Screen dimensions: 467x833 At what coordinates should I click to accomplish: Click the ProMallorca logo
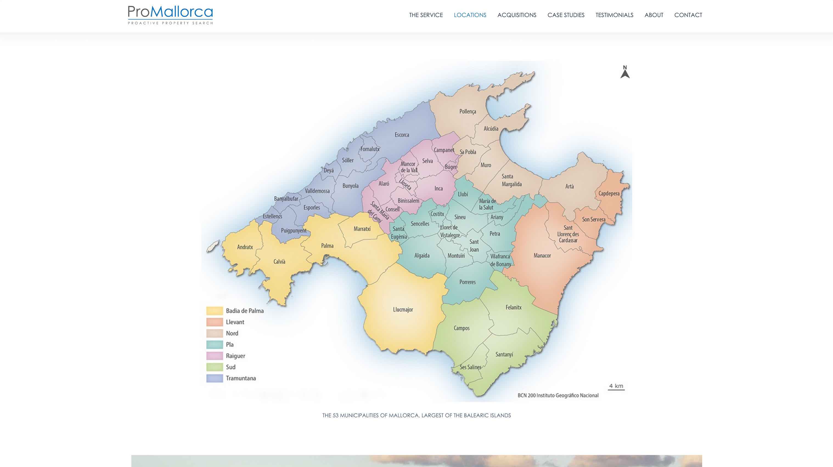170,15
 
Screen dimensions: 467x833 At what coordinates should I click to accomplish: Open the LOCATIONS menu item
470,15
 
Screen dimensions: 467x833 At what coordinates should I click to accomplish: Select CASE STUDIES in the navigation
566,15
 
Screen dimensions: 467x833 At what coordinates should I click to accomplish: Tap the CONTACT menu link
688,15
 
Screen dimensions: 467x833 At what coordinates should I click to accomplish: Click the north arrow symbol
625,72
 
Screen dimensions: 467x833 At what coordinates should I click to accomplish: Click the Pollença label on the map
468,112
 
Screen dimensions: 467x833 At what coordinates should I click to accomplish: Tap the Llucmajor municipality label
403,309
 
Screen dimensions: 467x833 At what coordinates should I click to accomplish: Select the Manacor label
542,255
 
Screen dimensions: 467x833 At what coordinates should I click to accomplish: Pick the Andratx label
245,247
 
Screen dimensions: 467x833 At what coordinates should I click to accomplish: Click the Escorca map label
402,135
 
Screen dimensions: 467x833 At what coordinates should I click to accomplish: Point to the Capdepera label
609,193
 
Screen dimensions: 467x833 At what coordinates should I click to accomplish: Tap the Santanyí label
504,354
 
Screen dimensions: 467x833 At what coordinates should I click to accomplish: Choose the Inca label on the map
438,188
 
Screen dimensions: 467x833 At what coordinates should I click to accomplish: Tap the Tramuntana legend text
241,378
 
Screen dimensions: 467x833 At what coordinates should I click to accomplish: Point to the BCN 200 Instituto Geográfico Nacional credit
558,395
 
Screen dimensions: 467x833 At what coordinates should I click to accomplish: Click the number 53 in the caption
335,415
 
